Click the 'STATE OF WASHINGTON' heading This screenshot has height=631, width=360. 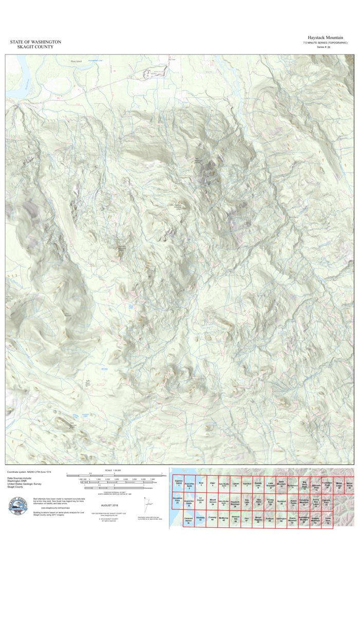(x=35, y=42)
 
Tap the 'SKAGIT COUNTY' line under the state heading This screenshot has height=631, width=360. (x=35, y=47)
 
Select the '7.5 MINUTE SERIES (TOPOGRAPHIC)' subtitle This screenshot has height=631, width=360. (x=325, y=43)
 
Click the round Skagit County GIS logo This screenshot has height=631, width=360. (x=19, y=508)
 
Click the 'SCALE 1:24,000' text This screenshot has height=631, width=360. (x=114, y=470)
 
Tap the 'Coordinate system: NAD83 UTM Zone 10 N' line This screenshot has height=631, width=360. (x=29, y=472)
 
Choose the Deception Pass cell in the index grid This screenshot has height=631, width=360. (x=178, y=500)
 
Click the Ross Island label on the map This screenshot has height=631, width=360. (x=76, y=61)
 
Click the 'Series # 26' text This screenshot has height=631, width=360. (x=324, y=47)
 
